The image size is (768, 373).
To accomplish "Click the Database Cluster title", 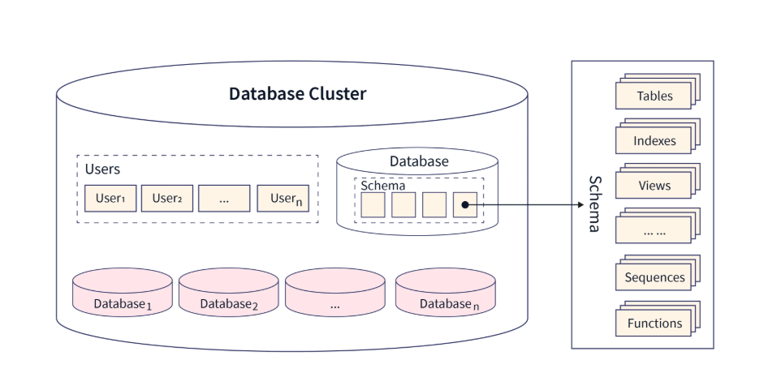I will point(297,93).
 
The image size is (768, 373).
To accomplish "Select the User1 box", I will point(110,199).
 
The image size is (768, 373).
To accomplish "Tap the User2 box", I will point(167,199).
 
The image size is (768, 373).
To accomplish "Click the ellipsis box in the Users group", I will point(224,199).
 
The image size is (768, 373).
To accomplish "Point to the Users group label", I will point(102,169).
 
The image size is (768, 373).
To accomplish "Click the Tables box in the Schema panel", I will point(654,96).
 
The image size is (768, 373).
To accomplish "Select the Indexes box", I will point(654,141).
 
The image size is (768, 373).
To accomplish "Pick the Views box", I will point(654,186).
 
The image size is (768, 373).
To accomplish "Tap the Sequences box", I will point(654,277).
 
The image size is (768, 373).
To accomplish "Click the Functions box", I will point(654,324).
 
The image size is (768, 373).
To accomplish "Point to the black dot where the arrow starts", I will point(465,205).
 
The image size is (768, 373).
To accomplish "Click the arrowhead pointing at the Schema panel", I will point(567,205).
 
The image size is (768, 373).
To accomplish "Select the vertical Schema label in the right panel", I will point(594,204).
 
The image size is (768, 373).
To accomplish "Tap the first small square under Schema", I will point(373,205).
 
